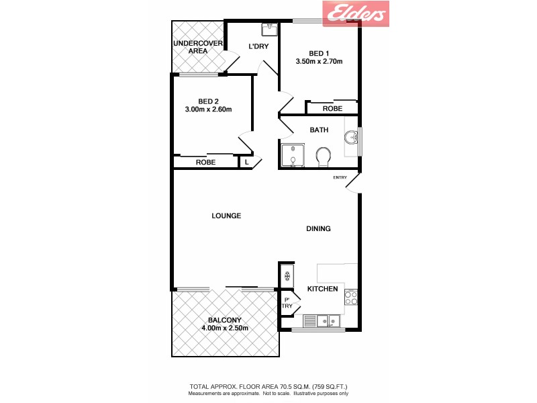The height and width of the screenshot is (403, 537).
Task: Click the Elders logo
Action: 356,13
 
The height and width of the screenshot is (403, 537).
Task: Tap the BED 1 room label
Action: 319,53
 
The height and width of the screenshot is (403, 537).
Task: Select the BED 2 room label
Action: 209,101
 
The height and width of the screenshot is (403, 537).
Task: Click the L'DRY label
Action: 258,47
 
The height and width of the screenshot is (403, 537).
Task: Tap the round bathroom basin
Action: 350,138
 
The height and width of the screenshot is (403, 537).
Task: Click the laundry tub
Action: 268,30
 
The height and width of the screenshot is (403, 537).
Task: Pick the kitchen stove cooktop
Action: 350,296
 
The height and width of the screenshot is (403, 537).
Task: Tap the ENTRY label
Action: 340,177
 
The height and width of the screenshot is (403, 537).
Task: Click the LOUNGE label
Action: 226,216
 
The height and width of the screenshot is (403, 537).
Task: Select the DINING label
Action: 318,229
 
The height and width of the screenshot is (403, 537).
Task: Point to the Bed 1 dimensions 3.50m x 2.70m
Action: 319,62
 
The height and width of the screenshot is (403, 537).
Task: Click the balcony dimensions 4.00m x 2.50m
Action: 225,328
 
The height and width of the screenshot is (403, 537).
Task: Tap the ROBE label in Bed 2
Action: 205,163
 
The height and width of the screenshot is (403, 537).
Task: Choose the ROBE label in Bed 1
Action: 332,108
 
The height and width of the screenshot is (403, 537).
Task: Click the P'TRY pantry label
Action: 287,303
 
